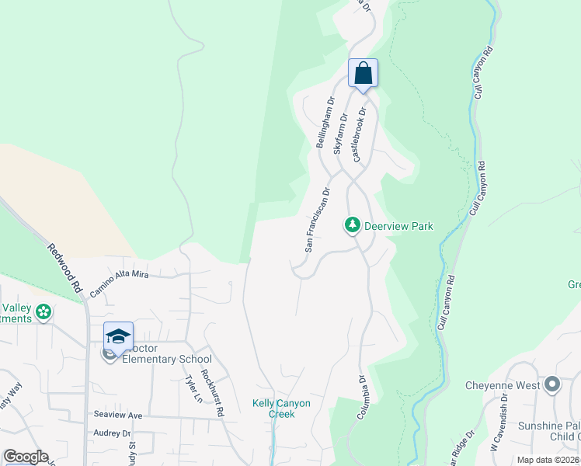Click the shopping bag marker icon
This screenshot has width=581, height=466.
coord(363,75)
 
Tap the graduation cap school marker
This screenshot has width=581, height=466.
coord(118,337)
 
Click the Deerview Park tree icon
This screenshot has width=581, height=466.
coord(353,225)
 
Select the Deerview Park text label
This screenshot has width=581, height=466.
coord(398,226)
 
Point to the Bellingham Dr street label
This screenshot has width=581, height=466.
coord(324,123)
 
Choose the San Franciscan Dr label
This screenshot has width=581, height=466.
coord(317,219)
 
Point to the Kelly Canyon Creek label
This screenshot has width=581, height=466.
coord(281,409)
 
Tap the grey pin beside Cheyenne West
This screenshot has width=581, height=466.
coord(552,384)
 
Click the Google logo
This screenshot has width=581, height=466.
coord(25,457)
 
